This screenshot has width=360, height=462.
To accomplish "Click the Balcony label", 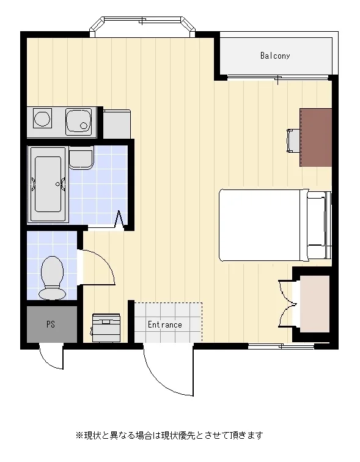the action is [x=275, y=56].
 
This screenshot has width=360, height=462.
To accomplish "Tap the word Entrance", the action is [x=165, y=324].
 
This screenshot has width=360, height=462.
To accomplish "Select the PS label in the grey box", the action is [x=51, y=324].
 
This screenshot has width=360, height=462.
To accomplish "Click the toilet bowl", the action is [x=52, y=277].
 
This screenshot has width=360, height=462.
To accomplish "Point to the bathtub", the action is [x=48, y=185].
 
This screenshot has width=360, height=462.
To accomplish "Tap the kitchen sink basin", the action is [x=78, y=122].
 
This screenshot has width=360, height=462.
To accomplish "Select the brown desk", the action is [x=316, y=137].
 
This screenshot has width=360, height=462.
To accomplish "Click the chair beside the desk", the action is [x=293, y=141].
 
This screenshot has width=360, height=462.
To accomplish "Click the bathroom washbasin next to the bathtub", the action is [x=81, y=159].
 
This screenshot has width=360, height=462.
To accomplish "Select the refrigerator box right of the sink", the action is [x=117, y=123].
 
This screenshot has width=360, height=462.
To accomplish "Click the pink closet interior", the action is [x=315, y=304].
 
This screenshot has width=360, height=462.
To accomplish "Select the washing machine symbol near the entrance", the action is [x=106, y=328].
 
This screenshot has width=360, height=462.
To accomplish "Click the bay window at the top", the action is [x=142, y=26].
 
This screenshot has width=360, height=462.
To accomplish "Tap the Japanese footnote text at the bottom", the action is [x=169, y=435].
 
